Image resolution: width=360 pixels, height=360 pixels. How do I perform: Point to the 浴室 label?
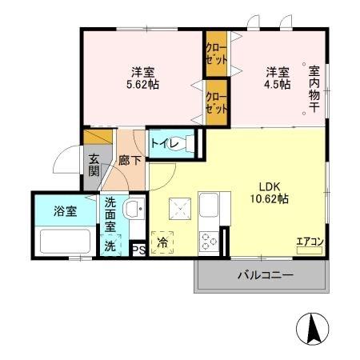66,212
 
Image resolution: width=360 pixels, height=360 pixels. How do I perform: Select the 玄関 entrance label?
94,165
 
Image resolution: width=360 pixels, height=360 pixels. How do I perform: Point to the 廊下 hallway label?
130,161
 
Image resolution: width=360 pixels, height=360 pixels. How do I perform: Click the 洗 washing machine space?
110,247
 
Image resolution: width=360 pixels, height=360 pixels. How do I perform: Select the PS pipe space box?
138,249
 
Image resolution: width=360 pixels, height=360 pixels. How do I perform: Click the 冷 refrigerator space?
162,242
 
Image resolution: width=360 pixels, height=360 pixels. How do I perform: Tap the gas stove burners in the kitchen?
209,239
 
